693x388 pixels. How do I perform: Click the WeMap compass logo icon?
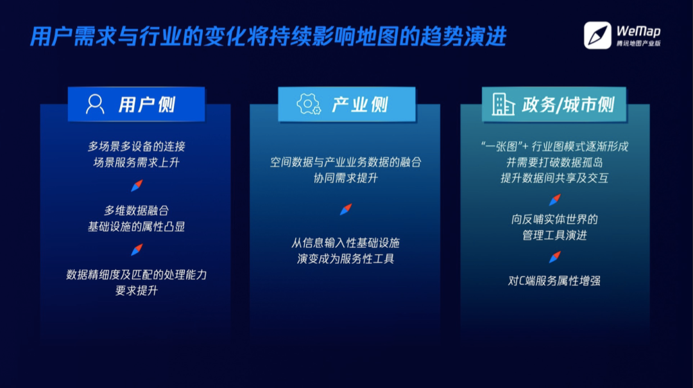[597, 35]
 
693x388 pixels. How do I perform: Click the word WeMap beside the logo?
[638, 31]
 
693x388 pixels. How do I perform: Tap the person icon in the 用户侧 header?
[95, 105]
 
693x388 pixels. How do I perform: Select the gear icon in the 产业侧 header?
[309, 105]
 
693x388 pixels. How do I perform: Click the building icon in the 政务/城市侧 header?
[504, 105]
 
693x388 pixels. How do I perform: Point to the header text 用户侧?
[147, 105]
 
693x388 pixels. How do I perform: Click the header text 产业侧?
[360, 105]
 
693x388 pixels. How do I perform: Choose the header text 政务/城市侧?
[568, 105]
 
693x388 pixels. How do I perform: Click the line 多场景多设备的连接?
[137, 146]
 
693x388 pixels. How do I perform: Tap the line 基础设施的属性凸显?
[136, 227]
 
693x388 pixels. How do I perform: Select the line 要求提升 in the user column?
[136, 290]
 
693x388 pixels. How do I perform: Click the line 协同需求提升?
[346, 179]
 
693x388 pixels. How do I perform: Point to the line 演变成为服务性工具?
[346, 259]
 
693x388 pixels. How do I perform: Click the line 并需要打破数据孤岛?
[554, 163]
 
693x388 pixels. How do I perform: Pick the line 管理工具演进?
[554, 235]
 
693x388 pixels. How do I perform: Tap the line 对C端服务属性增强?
[554, 281]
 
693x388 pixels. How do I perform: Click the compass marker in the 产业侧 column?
[346, 209]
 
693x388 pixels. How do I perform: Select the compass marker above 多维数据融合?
[137, 186]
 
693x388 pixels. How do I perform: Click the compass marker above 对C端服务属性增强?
[555, 257]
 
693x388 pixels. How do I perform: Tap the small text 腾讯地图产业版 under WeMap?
[638, 43]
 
